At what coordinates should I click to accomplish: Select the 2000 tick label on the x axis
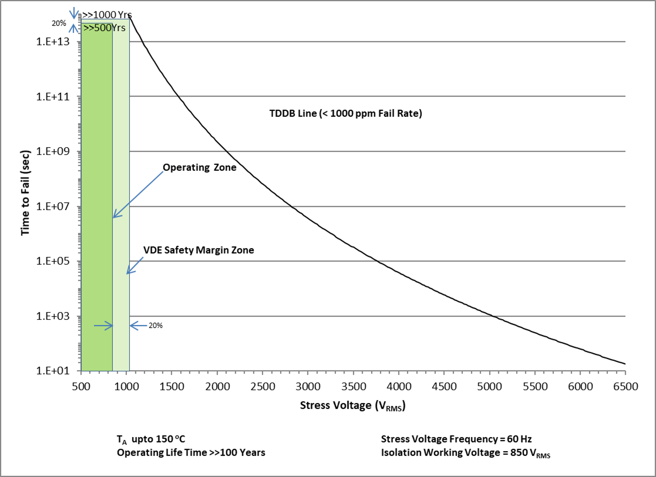coord(217,387)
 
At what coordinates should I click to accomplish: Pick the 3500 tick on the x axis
coord(353,387)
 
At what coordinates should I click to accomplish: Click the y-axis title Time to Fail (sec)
coord(25,193)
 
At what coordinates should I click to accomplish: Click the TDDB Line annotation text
coord(346,113)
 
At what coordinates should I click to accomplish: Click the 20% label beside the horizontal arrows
coord(156,326)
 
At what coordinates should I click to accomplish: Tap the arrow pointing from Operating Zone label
coord(138,194)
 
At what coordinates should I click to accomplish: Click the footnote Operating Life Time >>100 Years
coord(191,453)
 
